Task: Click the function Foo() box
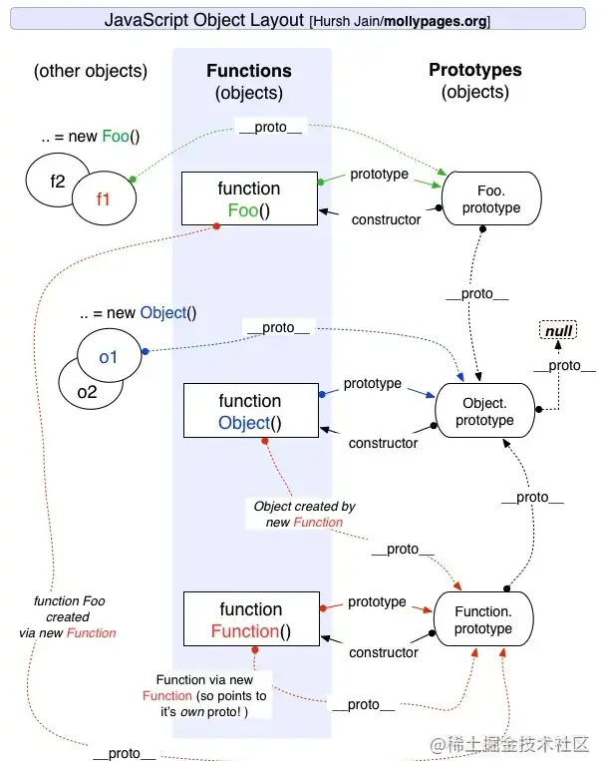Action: [248, 199]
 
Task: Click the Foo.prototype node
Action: [490, 199]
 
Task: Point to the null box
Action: [558, 331]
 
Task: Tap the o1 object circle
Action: [108, 357]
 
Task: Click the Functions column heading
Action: [248, 71]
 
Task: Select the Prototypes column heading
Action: [474, 70]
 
